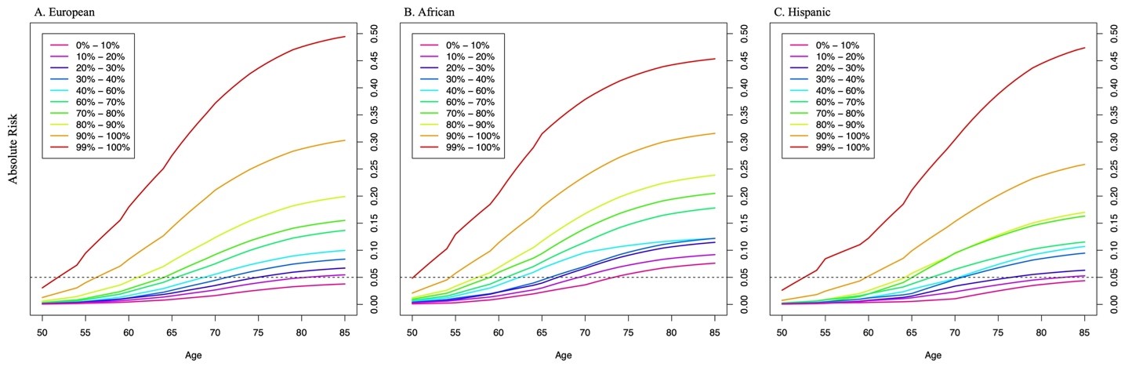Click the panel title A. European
coord(53,12)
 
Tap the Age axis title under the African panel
coord(563,355)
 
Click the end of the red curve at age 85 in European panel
coord(345,37)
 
